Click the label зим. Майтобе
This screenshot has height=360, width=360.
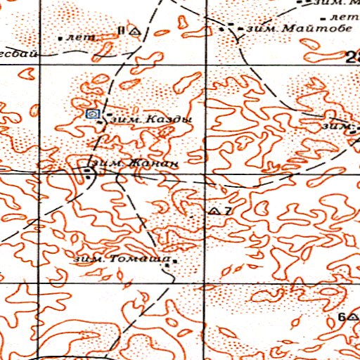point(281,29)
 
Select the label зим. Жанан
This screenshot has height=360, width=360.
point(133,163)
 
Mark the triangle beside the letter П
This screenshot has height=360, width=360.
point(134,32)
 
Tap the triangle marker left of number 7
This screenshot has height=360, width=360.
point(214,211)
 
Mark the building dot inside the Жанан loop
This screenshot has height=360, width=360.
point(88,170)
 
